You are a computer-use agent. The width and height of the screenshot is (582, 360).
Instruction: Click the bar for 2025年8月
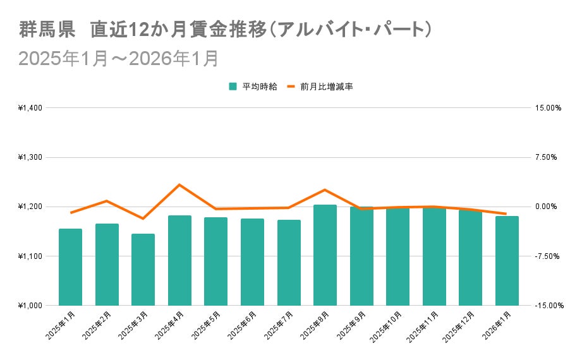325,255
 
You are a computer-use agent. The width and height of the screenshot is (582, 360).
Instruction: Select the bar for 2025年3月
143,270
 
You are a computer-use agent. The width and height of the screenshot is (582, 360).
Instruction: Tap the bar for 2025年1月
70,267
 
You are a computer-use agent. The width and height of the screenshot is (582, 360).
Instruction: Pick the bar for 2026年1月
507,261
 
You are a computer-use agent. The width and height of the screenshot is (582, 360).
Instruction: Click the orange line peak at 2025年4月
179,185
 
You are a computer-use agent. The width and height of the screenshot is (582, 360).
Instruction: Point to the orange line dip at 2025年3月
143,219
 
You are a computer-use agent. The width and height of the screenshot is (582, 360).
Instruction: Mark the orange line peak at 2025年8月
325,190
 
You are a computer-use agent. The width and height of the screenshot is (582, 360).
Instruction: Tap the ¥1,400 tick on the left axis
30,108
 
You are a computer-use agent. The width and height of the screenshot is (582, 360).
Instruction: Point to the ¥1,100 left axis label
30,256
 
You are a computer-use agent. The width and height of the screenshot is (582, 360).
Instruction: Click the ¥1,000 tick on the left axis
30,306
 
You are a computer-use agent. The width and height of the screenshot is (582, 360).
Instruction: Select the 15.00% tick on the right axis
547,108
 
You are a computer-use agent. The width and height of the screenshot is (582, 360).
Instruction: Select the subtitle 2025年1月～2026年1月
119,58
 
